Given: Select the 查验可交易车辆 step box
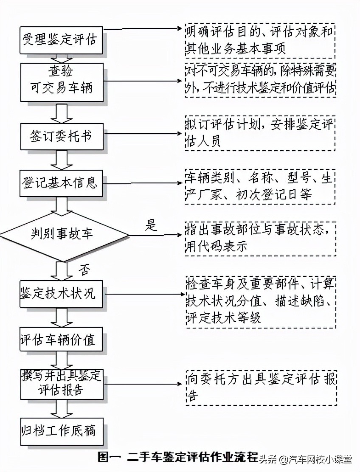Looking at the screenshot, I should [62, 82].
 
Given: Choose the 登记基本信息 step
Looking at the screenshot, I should [62, 183].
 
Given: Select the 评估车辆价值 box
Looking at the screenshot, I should [62, 340].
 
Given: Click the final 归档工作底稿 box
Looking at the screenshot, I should [62, 431].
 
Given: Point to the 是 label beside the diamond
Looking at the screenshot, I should [151, 225].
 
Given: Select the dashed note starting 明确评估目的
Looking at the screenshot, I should [260, 41].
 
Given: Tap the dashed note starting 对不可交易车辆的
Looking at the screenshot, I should [260, 81].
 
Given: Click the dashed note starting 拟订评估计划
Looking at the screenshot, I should [260, 133].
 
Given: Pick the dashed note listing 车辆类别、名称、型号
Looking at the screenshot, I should [260, 186].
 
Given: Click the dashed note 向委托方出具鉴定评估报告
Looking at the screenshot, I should [260, 387].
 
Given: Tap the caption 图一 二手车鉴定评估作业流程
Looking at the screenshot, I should [178, 458].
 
